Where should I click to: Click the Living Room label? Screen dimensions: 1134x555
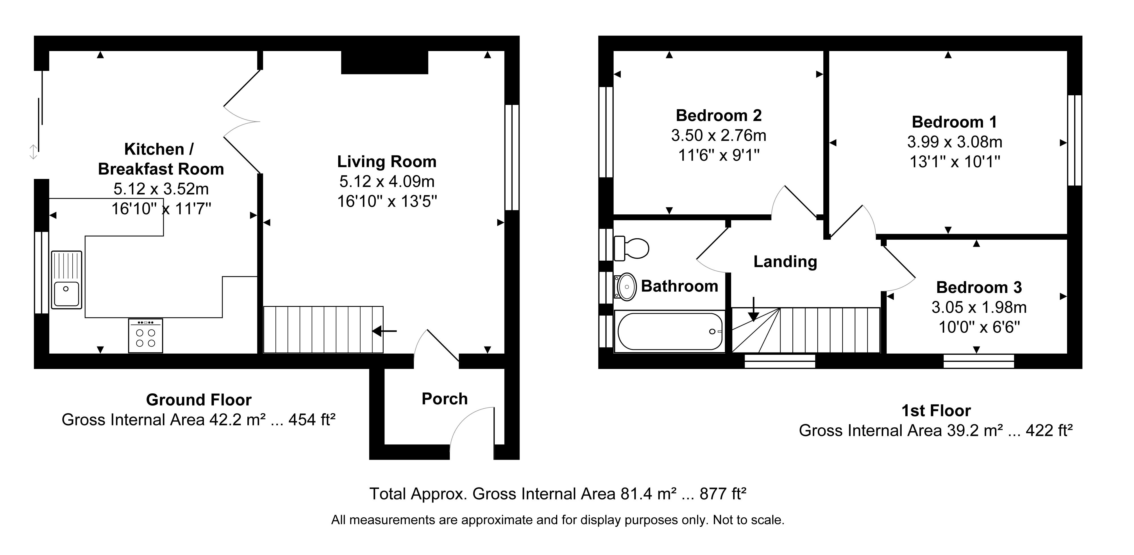coord(386,162)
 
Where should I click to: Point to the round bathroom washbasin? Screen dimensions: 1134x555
coord(626,286)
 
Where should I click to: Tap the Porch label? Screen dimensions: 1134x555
coord(445,399)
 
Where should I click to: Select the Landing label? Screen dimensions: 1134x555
coord(785,261)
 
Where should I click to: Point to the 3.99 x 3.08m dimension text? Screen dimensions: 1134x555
coord(955,142)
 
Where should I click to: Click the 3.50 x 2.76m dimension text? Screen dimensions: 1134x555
coord(718,135)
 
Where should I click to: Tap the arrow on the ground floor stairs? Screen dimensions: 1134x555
coord(384,331)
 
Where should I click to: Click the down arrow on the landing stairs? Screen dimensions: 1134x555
coord(754,309)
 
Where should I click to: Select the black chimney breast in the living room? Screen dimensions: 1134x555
coord(385,62)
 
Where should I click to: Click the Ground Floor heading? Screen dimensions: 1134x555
coord(199,400)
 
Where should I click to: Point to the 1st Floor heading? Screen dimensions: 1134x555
coord(936,411)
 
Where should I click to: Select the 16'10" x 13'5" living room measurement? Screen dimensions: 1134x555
coord(387,201)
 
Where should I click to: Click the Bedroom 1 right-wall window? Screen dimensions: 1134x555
coord(1075,140)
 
